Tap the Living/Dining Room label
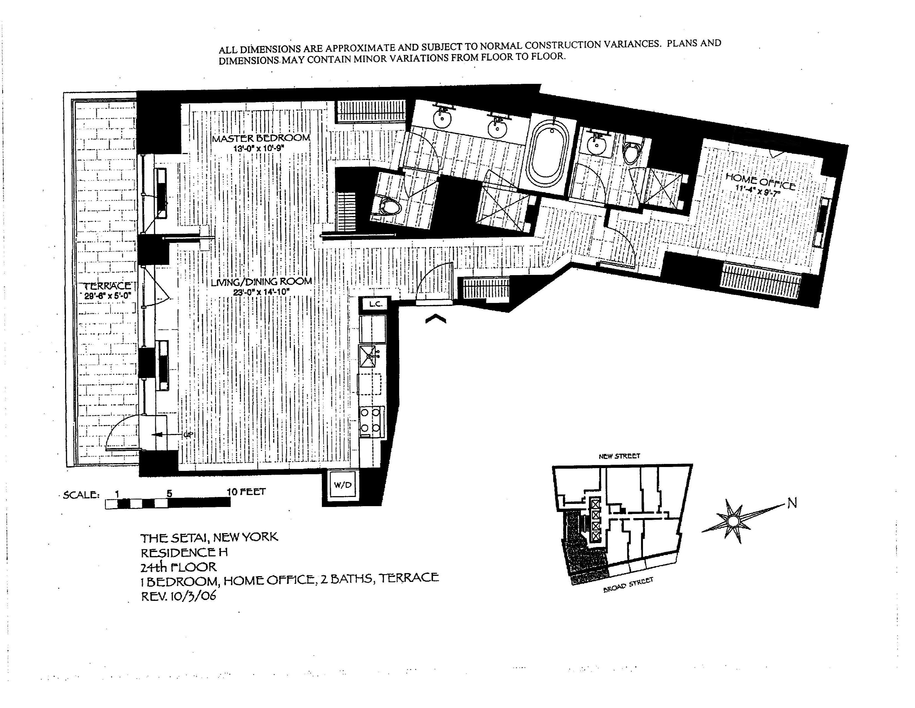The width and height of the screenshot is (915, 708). click(261, 282)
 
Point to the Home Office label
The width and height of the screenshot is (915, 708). click(760, 182)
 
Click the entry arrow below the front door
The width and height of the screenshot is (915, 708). click(436, 320)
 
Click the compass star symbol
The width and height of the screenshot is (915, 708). click(733, 521)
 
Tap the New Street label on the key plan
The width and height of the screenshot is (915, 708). click(619, 456)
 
